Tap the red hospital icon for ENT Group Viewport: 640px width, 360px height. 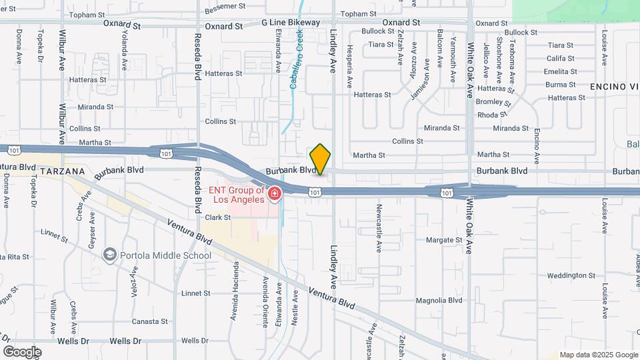coord(274,193)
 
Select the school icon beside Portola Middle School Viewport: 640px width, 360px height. coord(109,255)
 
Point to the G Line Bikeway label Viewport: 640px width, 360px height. coord(291,23)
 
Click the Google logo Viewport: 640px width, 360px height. coord(22,351)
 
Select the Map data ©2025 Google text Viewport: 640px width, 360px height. coord(599,355)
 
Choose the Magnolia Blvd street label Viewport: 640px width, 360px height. coord(438,301)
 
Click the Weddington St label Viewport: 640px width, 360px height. coord(571,275)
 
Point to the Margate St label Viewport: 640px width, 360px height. coord(444,240)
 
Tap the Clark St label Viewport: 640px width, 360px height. coord(217,217)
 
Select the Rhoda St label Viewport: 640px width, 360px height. coord(511,114)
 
